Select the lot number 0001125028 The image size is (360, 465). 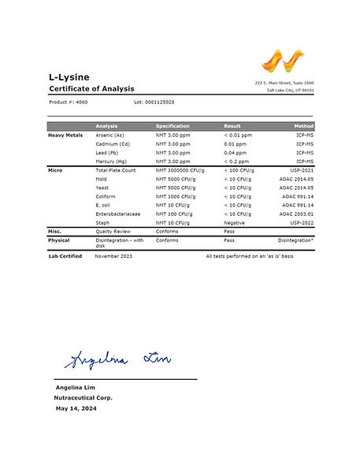[154, 102]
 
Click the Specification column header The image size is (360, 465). [173, 126]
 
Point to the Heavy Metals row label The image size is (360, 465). [65, 136]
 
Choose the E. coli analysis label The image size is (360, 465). [105, 205]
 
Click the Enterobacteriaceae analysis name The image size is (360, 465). [118, 214]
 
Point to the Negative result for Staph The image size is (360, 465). [235, 222]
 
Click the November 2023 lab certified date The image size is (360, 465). [115, 256]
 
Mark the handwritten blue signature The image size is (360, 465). [116, 360]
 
